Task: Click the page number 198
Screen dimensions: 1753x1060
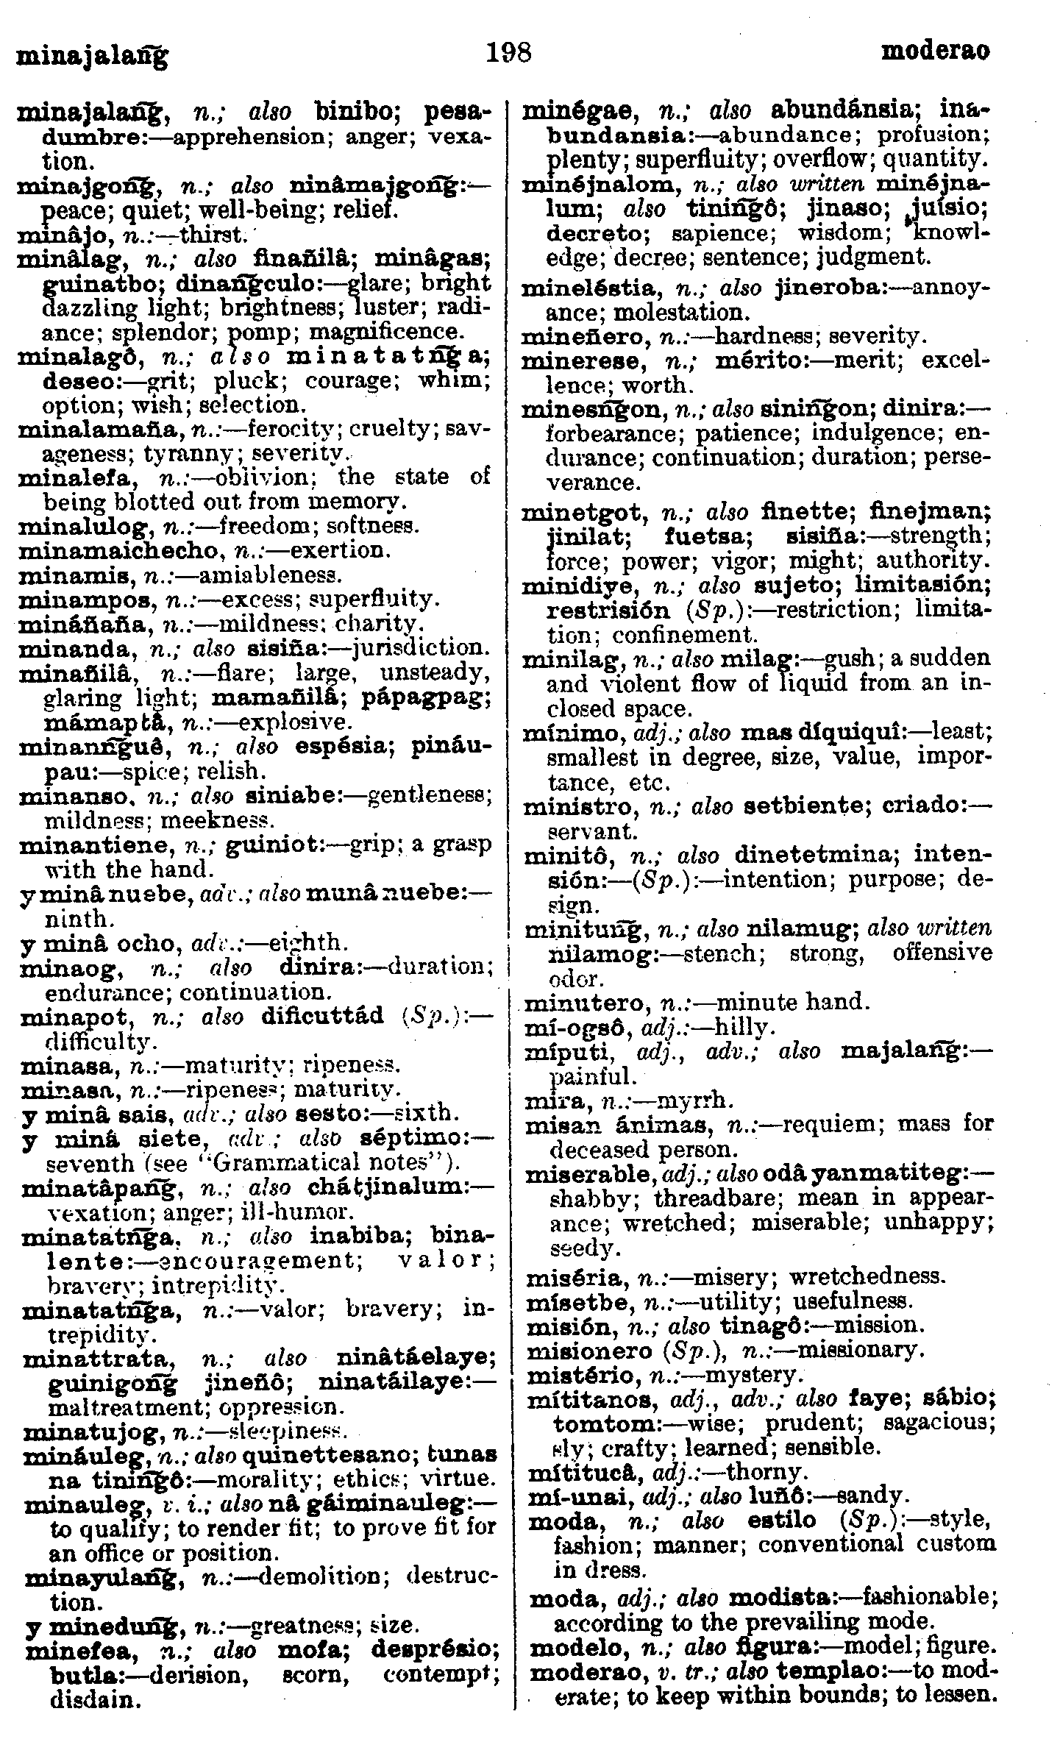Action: (508, 53)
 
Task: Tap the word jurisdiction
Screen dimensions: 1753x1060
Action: (419, 649)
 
